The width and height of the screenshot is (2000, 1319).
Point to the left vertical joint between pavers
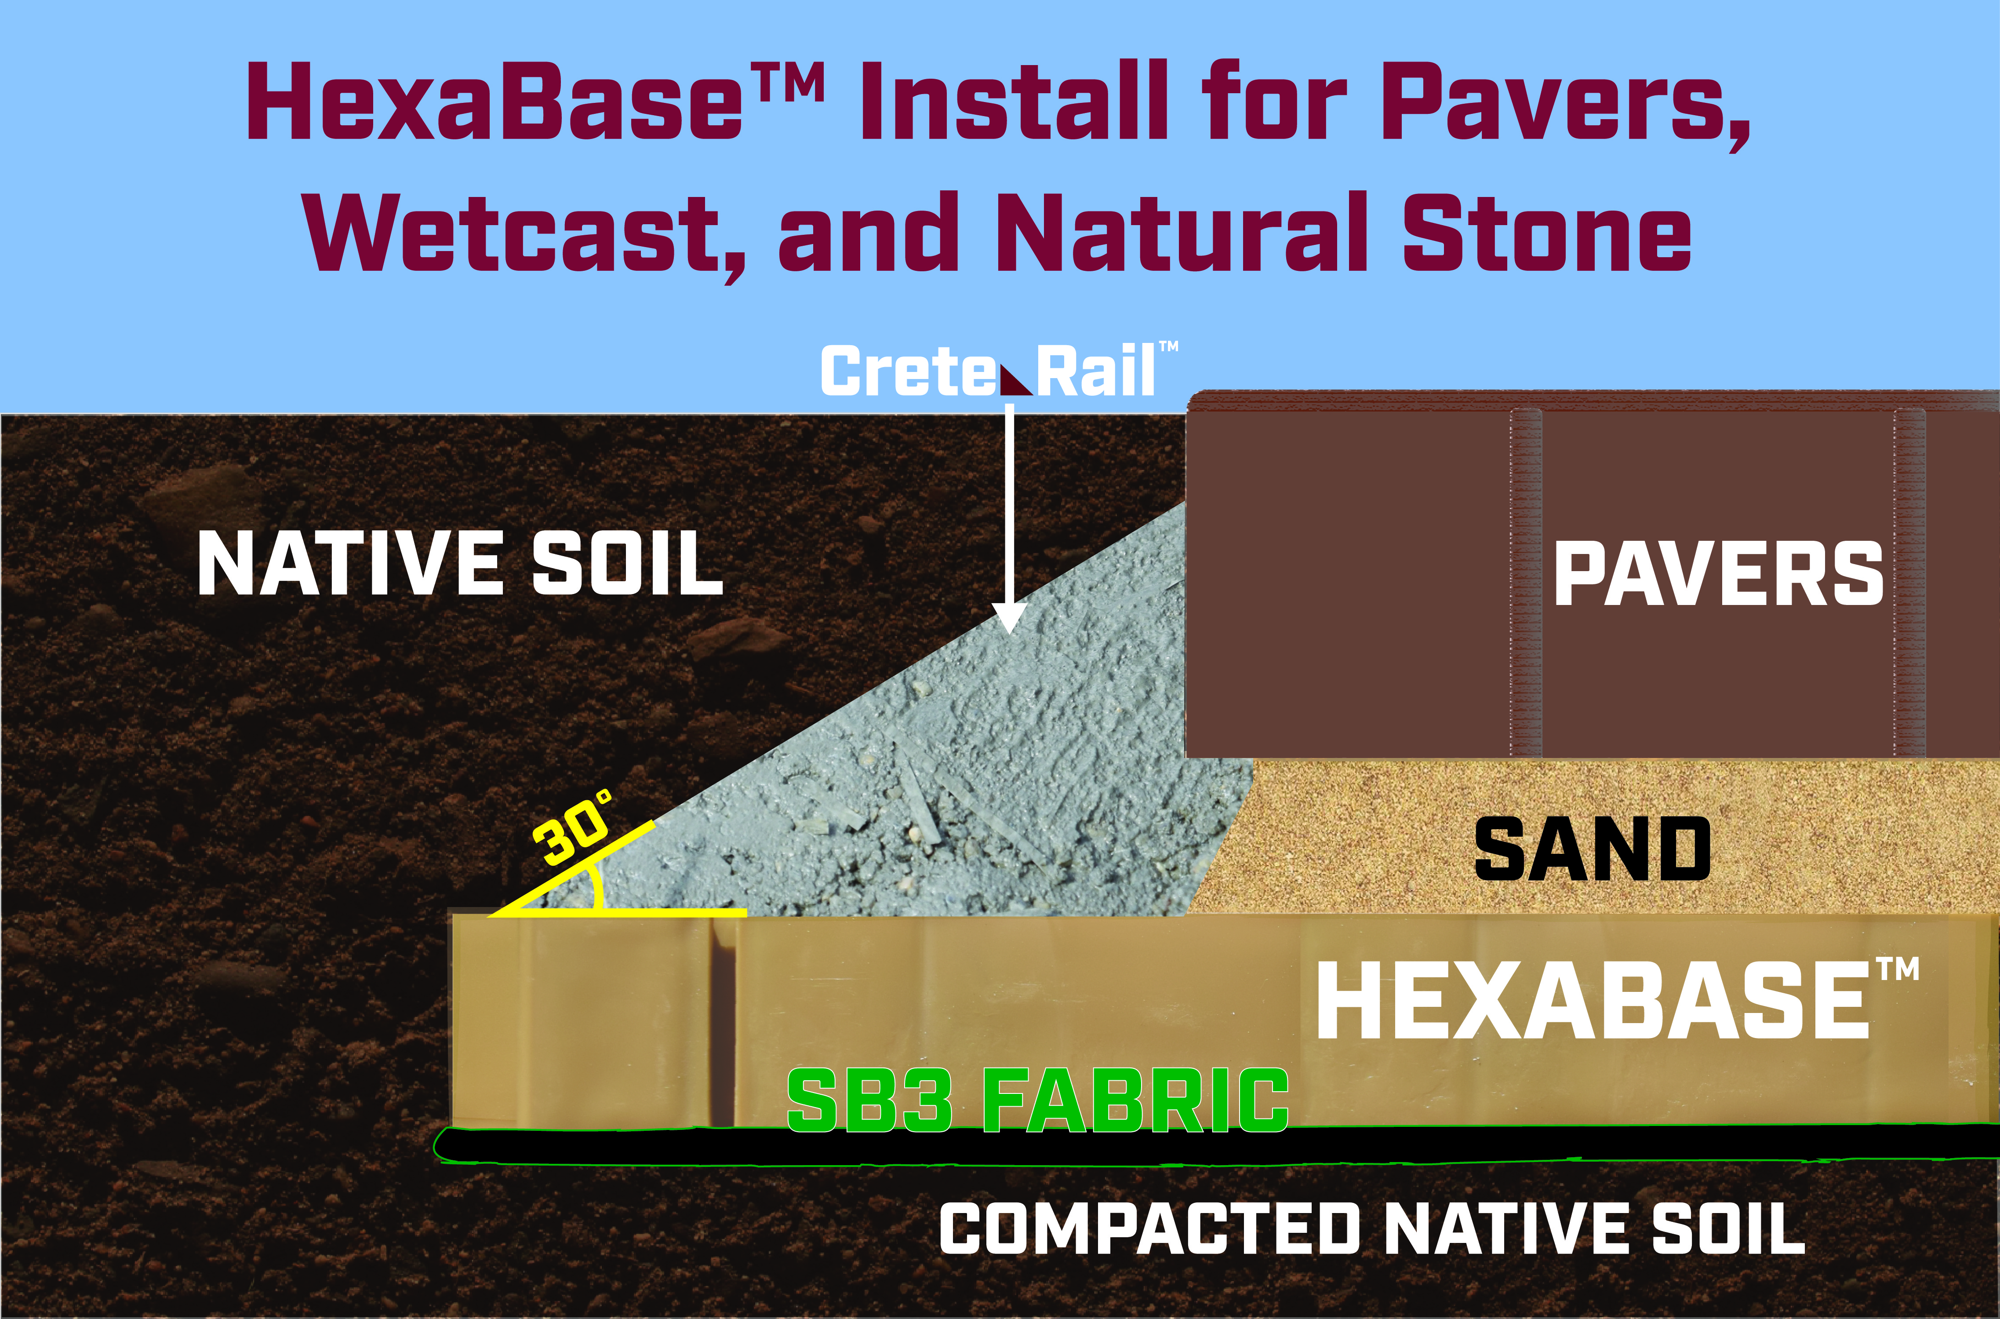(1526, 582)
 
